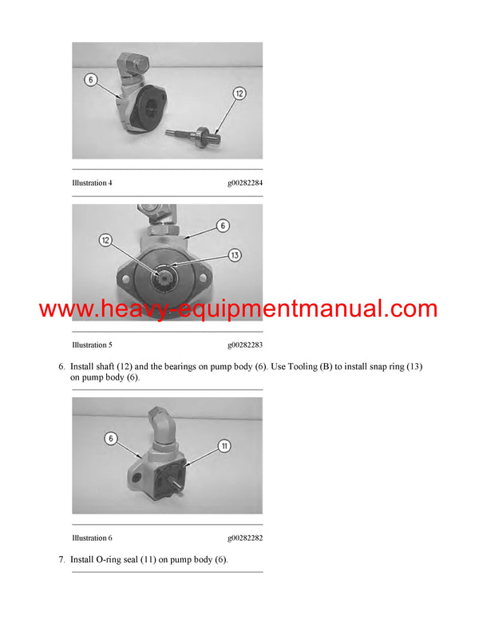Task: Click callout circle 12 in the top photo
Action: tap(239, 94)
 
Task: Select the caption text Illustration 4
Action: tap(92, 183)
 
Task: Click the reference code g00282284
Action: tap(245, 183)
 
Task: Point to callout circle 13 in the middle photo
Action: tap(234, 255)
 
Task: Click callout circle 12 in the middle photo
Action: tap(106, 239)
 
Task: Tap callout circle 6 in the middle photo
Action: tap(224, 226)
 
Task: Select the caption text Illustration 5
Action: tap(92, 345)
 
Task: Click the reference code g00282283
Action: tap(245, 345)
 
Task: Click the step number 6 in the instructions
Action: tap(61, 366)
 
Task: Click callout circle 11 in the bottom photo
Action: tap(224, 446)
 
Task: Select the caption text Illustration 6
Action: tap(92, 538)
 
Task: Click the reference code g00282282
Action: tap(245, 538)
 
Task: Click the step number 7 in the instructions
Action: tap(61, 560)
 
